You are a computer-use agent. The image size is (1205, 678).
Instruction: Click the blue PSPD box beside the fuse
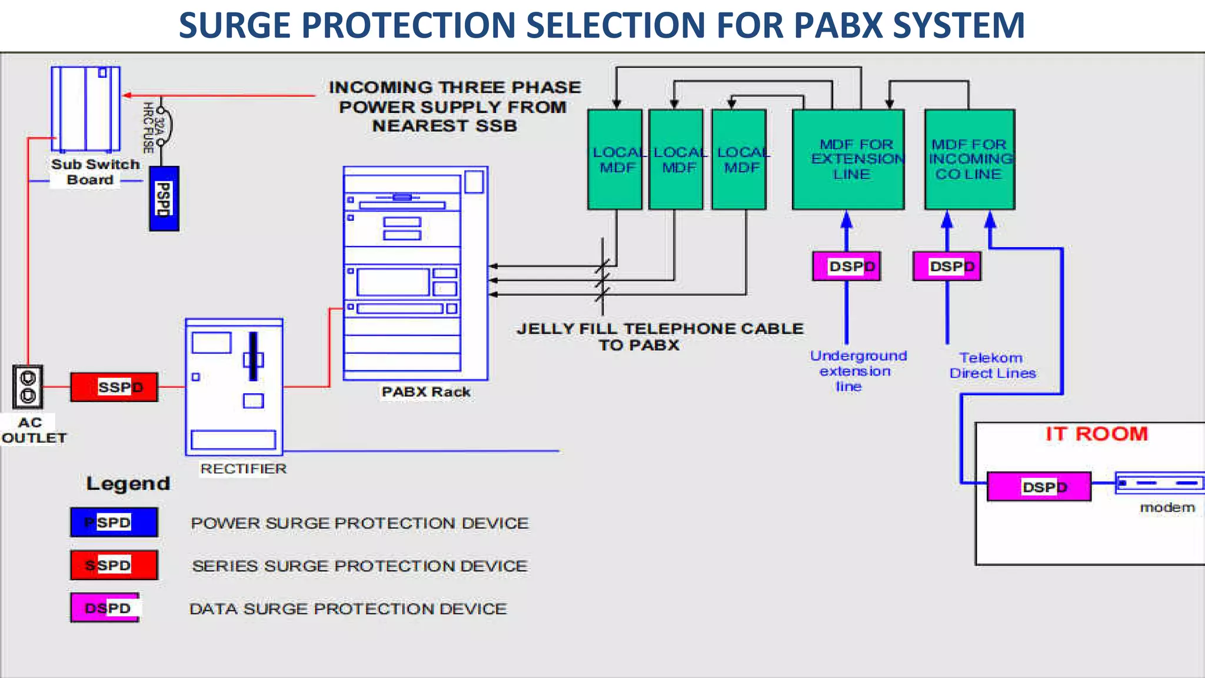[164, 198]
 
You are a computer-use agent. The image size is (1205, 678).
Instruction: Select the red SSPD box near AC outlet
[114, 387]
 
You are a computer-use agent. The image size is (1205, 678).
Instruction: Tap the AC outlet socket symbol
[28, 387]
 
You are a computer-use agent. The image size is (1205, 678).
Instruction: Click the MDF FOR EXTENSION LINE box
[848, 159]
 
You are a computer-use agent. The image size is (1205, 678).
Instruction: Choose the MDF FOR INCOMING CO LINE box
[969, 159]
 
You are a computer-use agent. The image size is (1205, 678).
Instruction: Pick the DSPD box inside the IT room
[1038, 487]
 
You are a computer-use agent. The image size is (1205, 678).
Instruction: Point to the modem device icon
[1159, 483]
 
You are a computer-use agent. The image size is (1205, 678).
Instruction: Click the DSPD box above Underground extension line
[846, 267]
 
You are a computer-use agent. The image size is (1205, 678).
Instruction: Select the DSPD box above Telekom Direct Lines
[947, 267]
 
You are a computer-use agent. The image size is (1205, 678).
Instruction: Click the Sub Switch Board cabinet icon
[86, 109]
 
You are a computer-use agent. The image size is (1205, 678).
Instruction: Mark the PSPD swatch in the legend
[114, 522]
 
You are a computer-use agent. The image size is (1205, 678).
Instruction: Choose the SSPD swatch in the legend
[114, 565]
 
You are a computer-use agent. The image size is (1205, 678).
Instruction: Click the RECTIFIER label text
[243, 468]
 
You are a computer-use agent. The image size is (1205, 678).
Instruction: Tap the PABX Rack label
[425, 392]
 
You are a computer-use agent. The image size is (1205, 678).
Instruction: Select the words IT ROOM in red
[1096, 434]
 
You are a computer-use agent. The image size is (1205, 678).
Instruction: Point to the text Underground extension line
[857, 371]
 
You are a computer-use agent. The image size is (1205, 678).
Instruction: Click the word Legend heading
[128, 484]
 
